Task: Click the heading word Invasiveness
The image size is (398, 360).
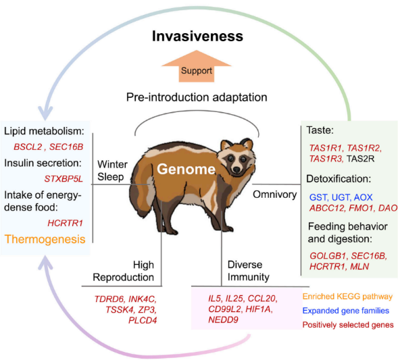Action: pyautogui.click(x=197, y=36)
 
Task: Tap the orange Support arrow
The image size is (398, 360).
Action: pyautogui.click(x=197, y=66)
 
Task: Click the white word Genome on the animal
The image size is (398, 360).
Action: pyautogui.click(x=186, y=169)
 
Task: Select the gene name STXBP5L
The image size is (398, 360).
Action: pyautogui.click(x=64, y=179)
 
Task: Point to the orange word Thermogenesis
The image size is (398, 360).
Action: pyautogui.click(x=45, y=239)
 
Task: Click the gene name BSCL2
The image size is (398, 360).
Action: pyautogui.click(x=28, y=147)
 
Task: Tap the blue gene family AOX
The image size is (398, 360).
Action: pyautogui.click(x=363, y=197)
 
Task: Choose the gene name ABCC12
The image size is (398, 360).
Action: pyautogui.click(x=327, y=208)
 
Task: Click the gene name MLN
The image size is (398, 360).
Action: pyautogui.click(x=359, y=266)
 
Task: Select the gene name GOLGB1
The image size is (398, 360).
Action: pyautogui.click(x=328, y=256)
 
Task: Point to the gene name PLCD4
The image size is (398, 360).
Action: pyautogui.click(x=143, y=320)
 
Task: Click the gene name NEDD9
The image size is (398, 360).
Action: pyautogui.click(x=224, y=319)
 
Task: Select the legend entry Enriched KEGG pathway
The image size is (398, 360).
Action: pyautogui.click(x=347, y=297)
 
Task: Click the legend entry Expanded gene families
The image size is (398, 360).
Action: pyautogui.click(x=346, y=311)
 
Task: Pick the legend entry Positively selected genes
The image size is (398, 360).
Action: pyautogui.click(x=348, y=325)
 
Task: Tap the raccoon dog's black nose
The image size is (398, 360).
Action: pyautogui.click(x=237, y=169)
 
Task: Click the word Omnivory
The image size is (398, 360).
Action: pyautogui.click(x=275, y=195)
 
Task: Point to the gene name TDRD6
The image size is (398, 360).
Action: pyautogui.click(x=109, y=299)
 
